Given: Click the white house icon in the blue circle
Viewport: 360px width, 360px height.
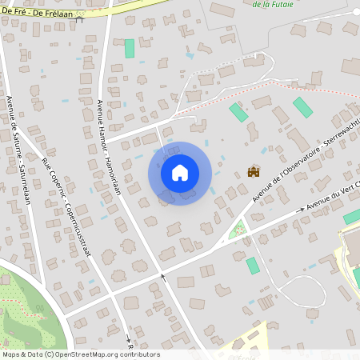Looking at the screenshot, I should point(180,172).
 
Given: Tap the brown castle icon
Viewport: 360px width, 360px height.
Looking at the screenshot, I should point(254,170).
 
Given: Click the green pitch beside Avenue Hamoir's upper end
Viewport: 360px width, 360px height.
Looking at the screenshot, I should point(129,48).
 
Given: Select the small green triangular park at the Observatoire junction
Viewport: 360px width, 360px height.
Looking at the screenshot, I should point(236,230).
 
